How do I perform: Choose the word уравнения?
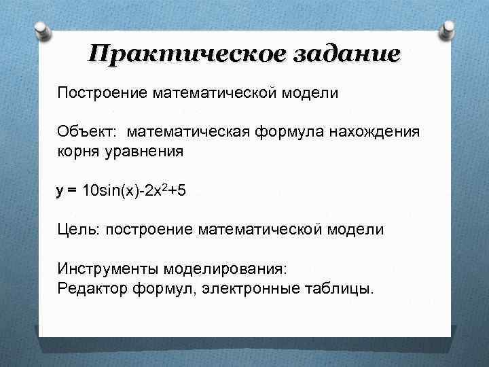(x=144, y=150)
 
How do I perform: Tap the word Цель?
(x=78, y=230)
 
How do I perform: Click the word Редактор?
(x=87, y=288)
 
